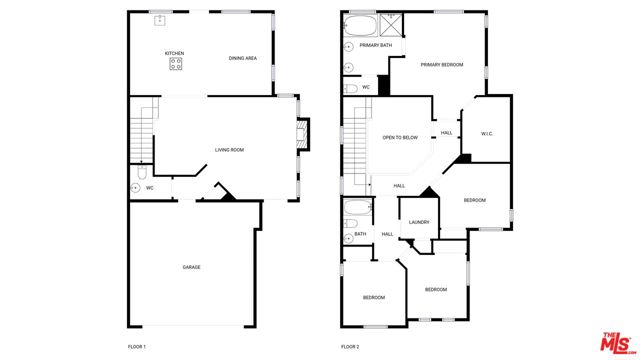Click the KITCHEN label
tap(175, 53)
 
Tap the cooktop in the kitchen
tap(176, 64)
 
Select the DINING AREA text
tap(243, 58)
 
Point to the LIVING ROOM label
tap(229, 150)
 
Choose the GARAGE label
tap(191, 267)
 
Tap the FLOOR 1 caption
tap(137, 347)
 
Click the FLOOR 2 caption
tap(349, 347)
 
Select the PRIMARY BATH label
tap(376, 45)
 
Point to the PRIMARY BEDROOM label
tap(442, 64)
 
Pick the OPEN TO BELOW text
tap(400, 139)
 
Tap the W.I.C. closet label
tap(487, 133)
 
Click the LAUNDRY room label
tap(419, 222)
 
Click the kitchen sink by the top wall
tap(159, 19)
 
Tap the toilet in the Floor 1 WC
tap(136, 186)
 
